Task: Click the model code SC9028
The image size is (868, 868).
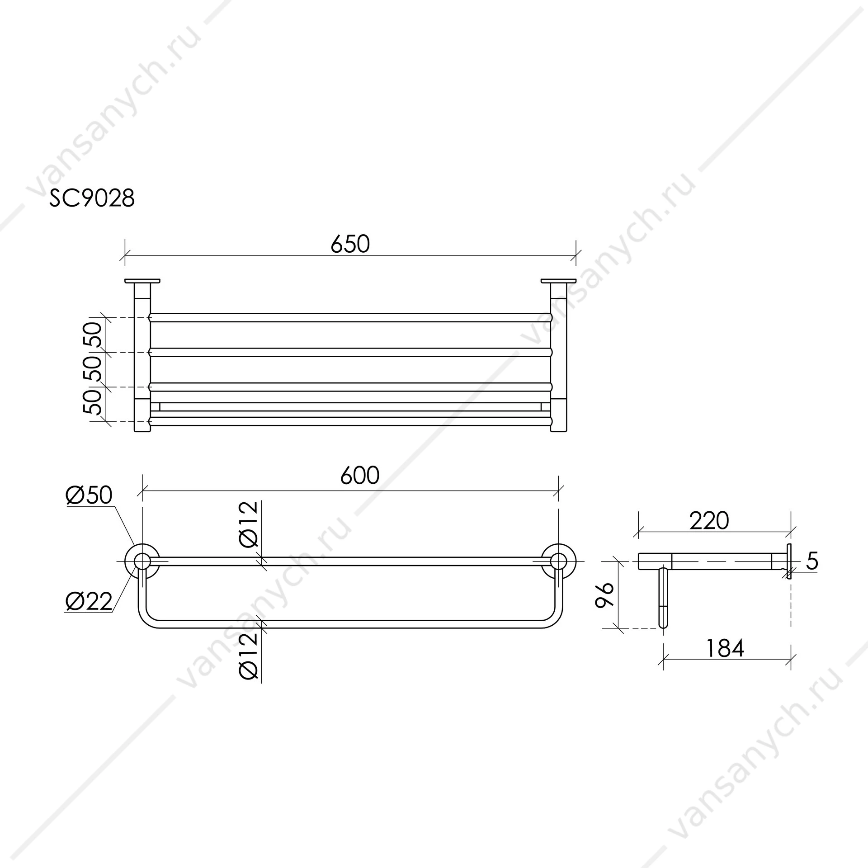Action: point(92,198)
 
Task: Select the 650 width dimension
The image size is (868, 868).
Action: point(350,244)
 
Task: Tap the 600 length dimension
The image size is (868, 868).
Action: point(360,476)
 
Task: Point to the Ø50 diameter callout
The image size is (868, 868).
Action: point(89,495)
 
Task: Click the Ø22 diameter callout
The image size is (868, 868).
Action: point(89,602)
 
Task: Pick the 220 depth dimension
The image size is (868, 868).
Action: point(709,520)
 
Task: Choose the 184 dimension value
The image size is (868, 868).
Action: point(725,649)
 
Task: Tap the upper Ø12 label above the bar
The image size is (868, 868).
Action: point(249,524)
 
